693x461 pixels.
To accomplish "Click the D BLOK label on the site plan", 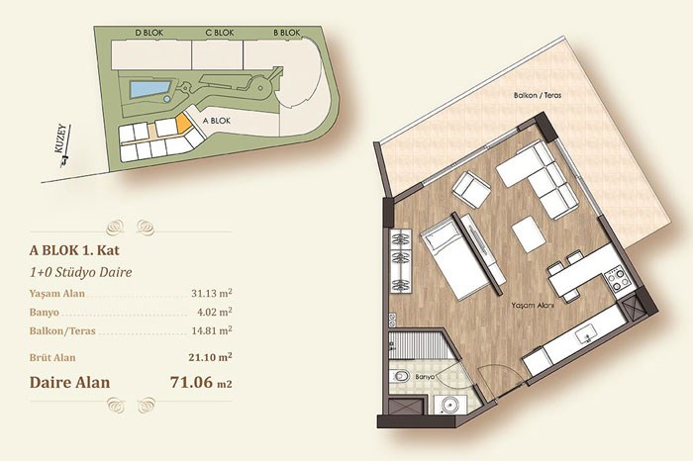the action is click(x=148, y=33).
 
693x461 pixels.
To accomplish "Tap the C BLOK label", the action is click(x=220, y=33).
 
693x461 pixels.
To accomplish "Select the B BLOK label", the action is click(x=287, y=33).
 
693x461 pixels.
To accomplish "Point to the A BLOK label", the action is click(x=217, y=121).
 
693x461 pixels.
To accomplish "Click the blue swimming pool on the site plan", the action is click(x=148, y=90).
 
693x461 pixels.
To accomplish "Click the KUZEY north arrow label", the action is click(x=62, y=138).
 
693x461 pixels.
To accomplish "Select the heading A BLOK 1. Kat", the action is click(x=74, y=250).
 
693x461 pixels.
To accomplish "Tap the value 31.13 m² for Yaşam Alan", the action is click(x=212, y=293).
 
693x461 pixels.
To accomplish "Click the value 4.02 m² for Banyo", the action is click(x=215, y=312).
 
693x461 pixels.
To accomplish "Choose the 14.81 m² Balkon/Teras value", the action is click(x=212, y=330).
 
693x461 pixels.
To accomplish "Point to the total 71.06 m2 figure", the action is click(x=201, y=382).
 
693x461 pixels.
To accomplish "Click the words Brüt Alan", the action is click(x=52, y=357).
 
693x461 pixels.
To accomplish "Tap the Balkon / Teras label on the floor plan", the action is click(x=538, y=95).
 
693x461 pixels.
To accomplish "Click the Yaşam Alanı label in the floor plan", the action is click(x=533, y=305).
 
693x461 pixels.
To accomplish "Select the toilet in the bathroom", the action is click(x=400, y=377).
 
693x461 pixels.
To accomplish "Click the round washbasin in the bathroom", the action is click(x=446, y=405).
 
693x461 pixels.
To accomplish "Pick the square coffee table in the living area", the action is click(x=528, y=233).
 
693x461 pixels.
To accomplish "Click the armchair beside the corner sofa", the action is click(x=471, y=190).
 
